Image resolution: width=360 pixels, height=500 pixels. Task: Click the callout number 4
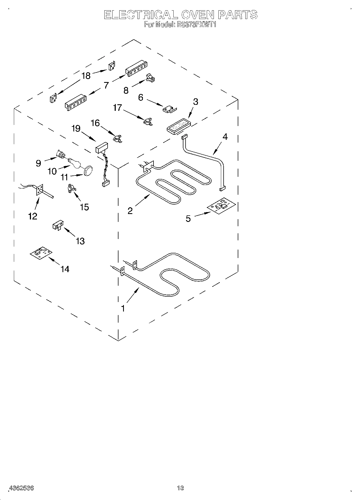click(x=225, y=137)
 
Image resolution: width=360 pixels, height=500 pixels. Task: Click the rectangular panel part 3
click(x=178, y=125)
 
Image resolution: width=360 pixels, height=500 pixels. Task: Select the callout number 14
click(x=65, y=269)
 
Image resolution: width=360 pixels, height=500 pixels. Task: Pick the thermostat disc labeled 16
click(x=117, y=138)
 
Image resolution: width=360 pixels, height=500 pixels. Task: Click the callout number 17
click(x=117, y=108)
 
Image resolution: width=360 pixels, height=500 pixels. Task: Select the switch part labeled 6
click(x=168, y=109)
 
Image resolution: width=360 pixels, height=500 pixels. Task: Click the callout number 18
click(x=86, y=76)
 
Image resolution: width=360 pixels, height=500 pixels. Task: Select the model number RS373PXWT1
click(x=196, y=25)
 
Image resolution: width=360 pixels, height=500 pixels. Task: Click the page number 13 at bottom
click(x=180, y=488)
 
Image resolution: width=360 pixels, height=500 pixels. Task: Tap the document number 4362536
click(x=21, y=488)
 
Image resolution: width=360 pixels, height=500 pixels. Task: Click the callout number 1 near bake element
click(x=123, y=309)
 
